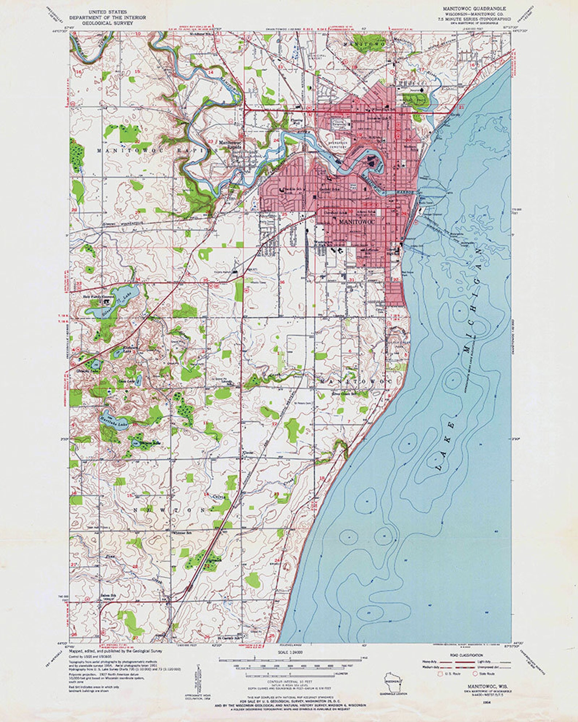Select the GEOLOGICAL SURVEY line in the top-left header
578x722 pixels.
(x=101, y=23)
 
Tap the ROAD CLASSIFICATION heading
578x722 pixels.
(x=467, y=655)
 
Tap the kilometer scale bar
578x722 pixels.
(x=291, y=674)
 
